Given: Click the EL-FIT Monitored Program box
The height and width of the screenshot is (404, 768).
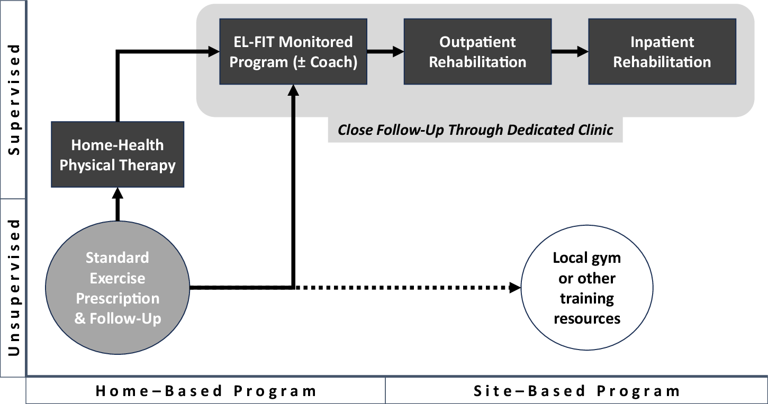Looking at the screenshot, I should pos(293,52).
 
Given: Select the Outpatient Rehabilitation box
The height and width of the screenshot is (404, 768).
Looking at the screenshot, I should pos(477,52).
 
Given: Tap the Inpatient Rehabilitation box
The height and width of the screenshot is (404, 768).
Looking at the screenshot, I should pos(662,52).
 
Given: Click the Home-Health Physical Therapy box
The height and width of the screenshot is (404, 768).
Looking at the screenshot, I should pos(118,154).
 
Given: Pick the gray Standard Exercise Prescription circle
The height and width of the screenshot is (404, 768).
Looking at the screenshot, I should pos(118,288).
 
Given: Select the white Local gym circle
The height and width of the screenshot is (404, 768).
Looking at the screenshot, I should pos(586,288).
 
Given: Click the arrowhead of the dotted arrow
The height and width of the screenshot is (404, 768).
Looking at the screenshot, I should pos(515,288).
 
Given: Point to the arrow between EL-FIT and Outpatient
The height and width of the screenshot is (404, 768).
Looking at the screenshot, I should pos(385,52).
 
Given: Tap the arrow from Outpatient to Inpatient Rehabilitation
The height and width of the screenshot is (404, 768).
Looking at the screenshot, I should pos(570,52).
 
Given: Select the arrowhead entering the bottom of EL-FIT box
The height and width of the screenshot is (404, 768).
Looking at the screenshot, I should pos(293,90).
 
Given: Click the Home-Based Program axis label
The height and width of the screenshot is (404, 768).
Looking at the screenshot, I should pos(206,391).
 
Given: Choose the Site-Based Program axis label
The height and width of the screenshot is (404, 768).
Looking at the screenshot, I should pos(576,391).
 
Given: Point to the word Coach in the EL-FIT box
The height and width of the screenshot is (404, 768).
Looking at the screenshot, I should pos(334,62).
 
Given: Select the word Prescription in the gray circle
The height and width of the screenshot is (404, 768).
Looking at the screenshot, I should pos(118,298).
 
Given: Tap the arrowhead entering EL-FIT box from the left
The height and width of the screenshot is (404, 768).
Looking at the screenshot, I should pos(214,52).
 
